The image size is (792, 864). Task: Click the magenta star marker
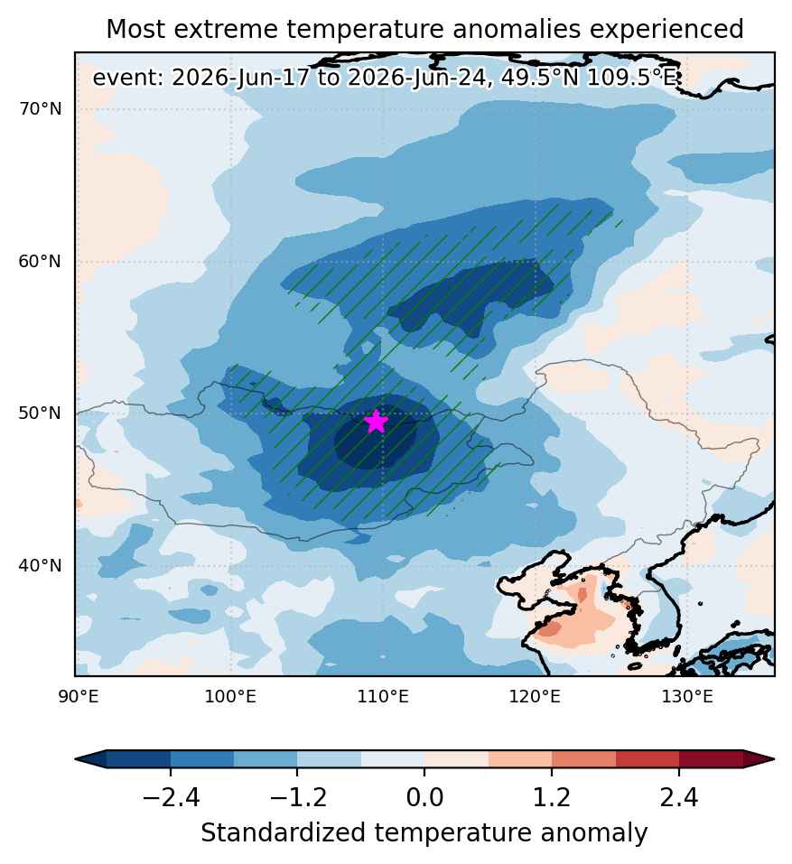tap(376, 422)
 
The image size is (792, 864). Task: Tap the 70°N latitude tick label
tap(41, 109)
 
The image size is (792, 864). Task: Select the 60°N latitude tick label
tap(41, 261)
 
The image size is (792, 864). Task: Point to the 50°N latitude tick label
tap(41, 413)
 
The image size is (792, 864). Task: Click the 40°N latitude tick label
tap(41, 566)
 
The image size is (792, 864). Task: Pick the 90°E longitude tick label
tap(79, 697)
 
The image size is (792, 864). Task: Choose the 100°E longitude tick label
tap(230, 697)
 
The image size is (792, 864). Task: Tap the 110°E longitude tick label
tap(383, 697)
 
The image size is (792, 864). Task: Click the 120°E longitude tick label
tap(535, 697)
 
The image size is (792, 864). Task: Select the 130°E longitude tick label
tap(687, 697)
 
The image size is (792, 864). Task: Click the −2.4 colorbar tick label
tap(171, 797)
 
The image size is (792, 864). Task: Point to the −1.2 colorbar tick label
tap(298, 797)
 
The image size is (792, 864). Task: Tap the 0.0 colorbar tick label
tap(424, 797)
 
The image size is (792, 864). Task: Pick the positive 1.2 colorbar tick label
tap(552, 797)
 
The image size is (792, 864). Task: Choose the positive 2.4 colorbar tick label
tap(679, 797)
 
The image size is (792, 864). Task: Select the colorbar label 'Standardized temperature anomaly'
tap(424, 833)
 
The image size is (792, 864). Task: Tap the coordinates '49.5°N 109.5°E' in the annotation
tap(589, 78)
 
